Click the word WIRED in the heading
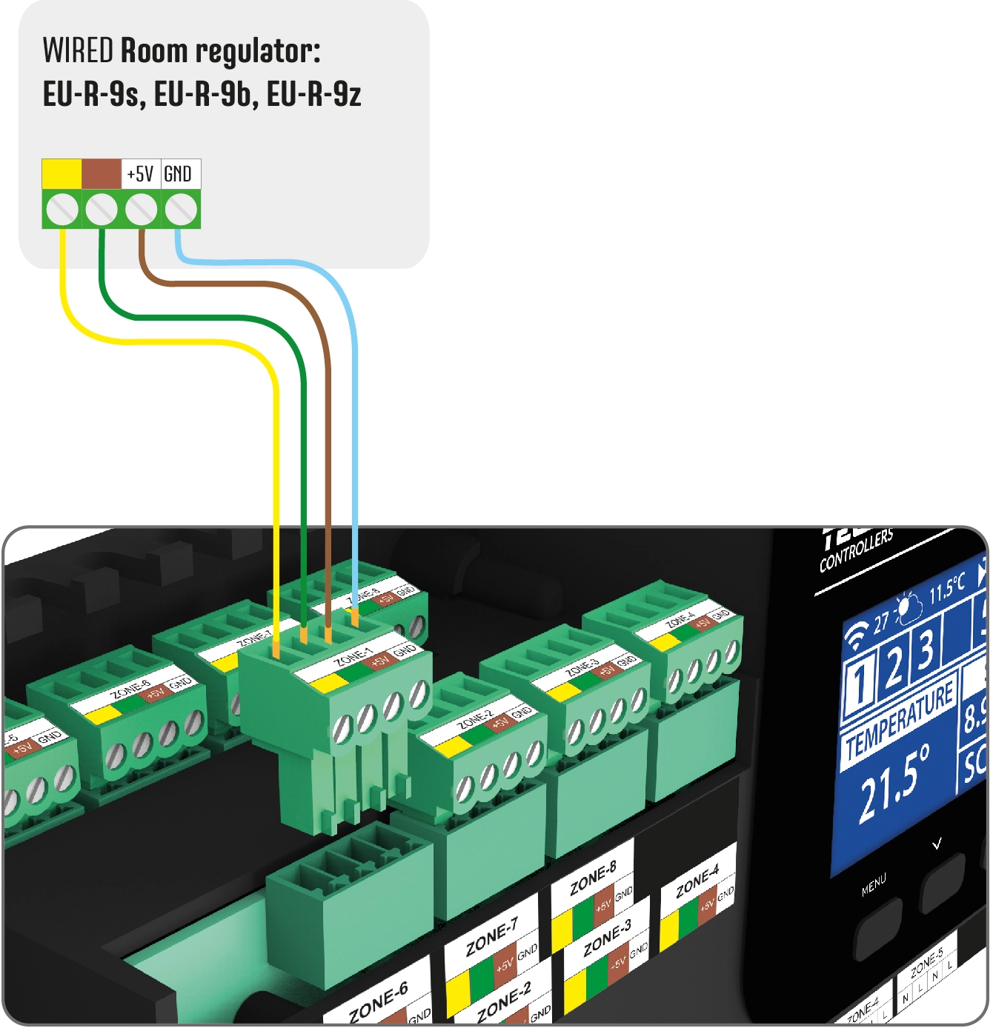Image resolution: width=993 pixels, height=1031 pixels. pyautogui.click(x=78, y=51)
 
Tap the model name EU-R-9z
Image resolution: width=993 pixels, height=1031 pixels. pyautogui.click(x=313, y=94)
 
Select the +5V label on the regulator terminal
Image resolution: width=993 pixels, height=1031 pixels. pyautogui.click(x=140, y=174)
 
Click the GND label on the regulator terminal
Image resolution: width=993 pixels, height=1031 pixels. pyautogui.click(x=178, y=174)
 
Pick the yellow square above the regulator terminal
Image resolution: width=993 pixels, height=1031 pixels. pyautogui.click(x=62, y=174)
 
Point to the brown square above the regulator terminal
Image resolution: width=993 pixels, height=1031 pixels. pyautogui.click(x=101, y=174)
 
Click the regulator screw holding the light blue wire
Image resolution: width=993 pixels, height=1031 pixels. pyautogui.click(x=180, y=210)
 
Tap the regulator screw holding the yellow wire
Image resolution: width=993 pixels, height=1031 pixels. pyautogui.click(x=62, y=210)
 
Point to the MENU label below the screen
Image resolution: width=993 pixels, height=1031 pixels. pyautogui.click(x=874, y=884)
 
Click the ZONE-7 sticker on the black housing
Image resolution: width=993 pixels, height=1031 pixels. pyautogui.click(x=491, y=938)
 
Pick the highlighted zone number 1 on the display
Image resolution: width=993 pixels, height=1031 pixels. pyautogui.click(x=860, y=684)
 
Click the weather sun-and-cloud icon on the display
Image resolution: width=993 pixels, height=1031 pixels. pyautogui.click(x=908, y=609)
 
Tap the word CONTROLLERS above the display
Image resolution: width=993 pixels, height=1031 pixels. pyautogui.click(x=856, y=551)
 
